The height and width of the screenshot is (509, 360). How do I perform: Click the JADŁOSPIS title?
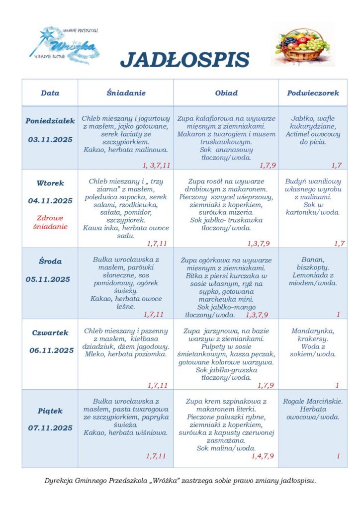point(184,60)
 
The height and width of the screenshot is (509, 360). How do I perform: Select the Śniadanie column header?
point(126,93)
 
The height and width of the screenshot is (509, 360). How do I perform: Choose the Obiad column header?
point(226,93)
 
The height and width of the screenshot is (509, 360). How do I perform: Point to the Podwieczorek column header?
point(313,93)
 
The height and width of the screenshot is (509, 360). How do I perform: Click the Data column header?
point(50,93)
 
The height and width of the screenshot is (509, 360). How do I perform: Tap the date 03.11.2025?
point(50,140)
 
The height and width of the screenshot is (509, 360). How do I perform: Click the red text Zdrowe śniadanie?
point(50,222)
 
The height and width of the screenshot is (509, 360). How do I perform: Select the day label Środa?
point(50,261)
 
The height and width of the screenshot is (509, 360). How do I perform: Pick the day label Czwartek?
point(50,333)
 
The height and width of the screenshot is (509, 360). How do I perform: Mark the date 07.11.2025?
point(50,428)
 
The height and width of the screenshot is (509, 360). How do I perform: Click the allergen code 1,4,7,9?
point(263,456)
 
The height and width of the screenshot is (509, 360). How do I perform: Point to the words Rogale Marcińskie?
point(313,401)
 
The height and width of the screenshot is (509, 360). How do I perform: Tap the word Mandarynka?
point(313,331)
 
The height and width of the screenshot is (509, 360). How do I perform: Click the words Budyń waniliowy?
point(313,181)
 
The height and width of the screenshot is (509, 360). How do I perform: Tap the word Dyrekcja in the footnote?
point(60,481)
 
